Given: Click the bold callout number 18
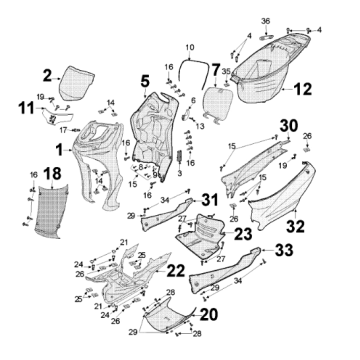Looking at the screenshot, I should [x=26, y=176].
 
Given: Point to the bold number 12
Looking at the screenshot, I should [x=144, y=80].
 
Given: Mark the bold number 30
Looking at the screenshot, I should [x=260, y=125].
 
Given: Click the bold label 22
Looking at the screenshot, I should [x=175, y=271].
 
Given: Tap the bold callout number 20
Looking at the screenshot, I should [x=209, y=313].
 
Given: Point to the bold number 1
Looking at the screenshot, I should [x=60, y=150].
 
